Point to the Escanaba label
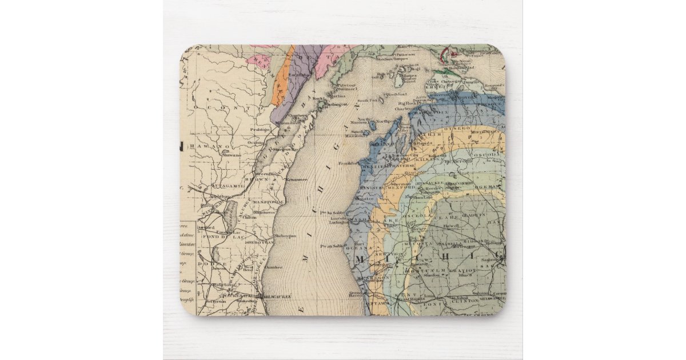coord(298,75)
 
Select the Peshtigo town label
coord(261,130)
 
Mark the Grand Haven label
coord(358,294)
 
